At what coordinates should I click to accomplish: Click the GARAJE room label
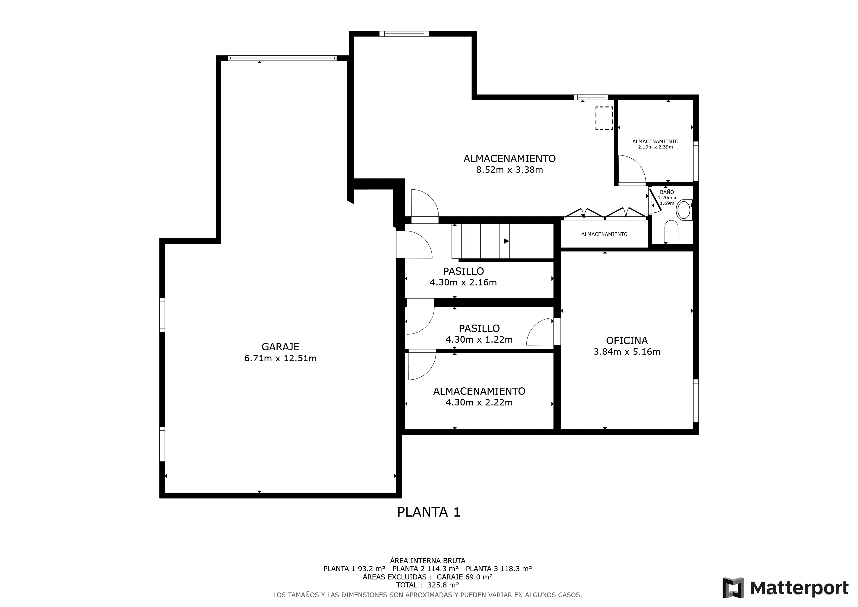pyautogui.click(x=280, y=347)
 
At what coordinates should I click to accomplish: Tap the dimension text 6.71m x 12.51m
pyautogui.click(x=280, y=358)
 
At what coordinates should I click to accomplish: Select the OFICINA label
pyautogui.click(x=627, y=341)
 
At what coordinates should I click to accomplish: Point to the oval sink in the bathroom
pyautogui.click(x=683, y=210)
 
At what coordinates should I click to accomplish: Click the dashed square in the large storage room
pyautogui.click(x=604, y=118)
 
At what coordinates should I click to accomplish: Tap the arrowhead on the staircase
pyautogui.click(x=506, y=241)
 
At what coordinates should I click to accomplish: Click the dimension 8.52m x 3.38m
pyautogui.click(x=509, y=170)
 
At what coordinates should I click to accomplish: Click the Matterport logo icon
pyautogui.click(x=733, y=588)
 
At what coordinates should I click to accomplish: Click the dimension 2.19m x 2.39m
pyautogui.click(x=655, y=147)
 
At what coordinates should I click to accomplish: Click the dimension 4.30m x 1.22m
pyautogui.click(x=479, y=340)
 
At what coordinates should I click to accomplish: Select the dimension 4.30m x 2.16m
pyautogui.click(x=463, y=282)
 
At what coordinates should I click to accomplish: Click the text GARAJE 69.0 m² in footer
pyautogui.click(x=464, y=577)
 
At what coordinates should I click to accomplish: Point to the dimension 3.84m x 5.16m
pyautogui.click(x=627, y=352)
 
